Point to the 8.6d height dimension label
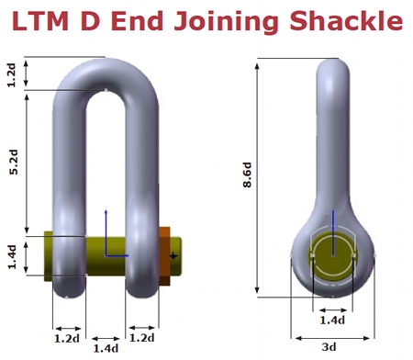(247, 174)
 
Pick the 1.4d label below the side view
(332, 320)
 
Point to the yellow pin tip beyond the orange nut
(176, 250)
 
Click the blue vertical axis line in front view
(106, 230)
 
